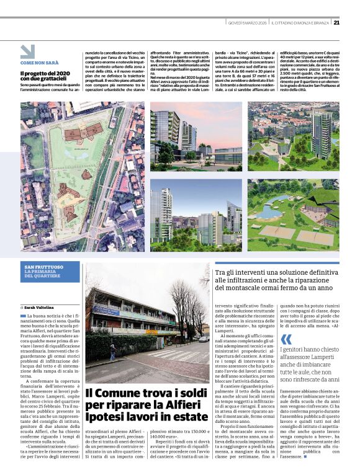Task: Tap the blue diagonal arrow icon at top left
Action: coord(27,51)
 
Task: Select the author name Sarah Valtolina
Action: coord(38,307)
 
